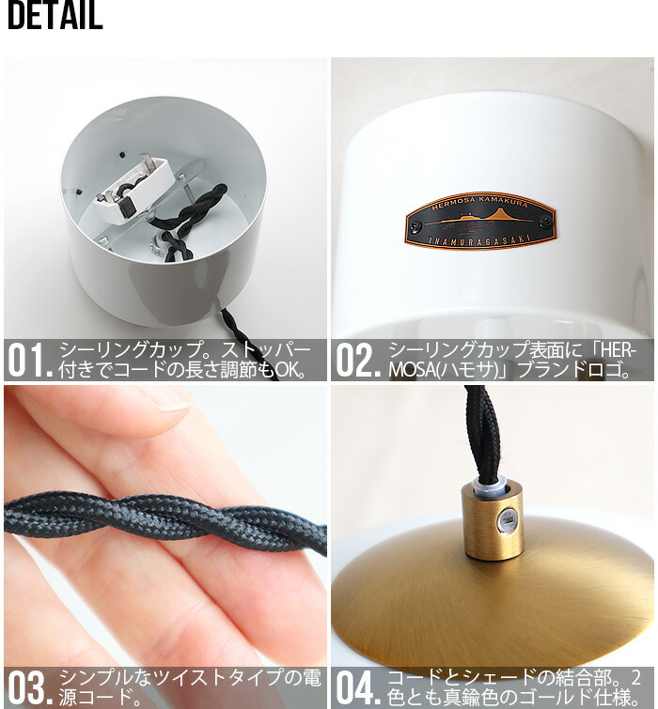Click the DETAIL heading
[55, 15]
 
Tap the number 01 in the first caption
[30, 361]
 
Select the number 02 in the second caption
[357, 361]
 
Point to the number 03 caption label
[30, 687]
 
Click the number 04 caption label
[357, 687]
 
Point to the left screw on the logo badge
[414, 226]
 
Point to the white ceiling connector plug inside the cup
[134, 189]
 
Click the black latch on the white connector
[129, 207]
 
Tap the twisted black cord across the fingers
[165, 520]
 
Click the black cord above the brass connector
[483, 434]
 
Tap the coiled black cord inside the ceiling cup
[195, 222]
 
